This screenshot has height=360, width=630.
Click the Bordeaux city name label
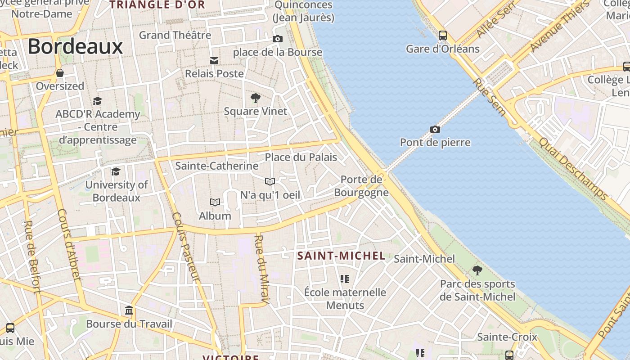coord(75,47)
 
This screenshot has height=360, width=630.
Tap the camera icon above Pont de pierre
coord(435,130)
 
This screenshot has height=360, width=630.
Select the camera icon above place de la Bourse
coord(278,39)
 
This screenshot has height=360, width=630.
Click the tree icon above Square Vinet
coord(255,98)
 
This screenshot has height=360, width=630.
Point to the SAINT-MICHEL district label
coord(341,256)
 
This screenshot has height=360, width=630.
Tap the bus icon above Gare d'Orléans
coord(443,35)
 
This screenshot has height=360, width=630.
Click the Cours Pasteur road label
coord(185,247)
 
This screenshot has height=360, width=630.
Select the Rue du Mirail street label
coord(261,269)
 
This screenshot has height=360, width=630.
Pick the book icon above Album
coord(215,202)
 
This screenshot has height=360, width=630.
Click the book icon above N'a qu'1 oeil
coord(270,181)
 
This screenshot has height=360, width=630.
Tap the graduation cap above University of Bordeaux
coord(116,171)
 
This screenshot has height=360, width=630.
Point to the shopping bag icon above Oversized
coord(60,73)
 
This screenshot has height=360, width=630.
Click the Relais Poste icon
coord(214,60)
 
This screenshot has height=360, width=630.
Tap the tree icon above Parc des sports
coord(477,270)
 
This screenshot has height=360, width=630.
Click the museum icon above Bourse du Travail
coord(129,310)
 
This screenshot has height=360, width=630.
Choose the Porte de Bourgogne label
coord(361,186)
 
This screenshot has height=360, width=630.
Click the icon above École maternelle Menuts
coord(345,279)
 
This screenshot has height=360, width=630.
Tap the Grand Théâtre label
coord(175,35)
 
